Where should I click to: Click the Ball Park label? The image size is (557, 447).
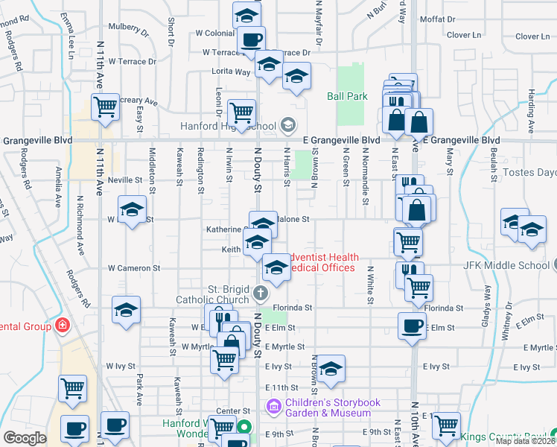pos(347,96)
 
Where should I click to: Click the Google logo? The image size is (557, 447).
pos(25,438)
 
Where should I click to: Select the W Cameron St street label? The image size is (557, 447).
pos(134,267)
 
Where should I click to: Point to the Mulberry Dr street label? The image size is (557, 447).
pos(129,28)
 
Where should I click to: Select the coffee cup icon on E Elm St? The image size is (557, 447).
pos(412,326)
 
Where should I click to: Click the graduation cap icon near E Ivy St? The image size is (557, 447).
pos(332,367)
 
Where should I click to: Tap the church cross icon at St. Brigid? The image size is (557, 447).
pos(261,291)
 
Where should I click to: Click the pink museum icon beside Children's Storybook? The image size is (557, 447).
pos(272,407)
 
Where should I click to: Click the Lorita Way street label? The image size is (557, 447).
pos(231,72)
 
